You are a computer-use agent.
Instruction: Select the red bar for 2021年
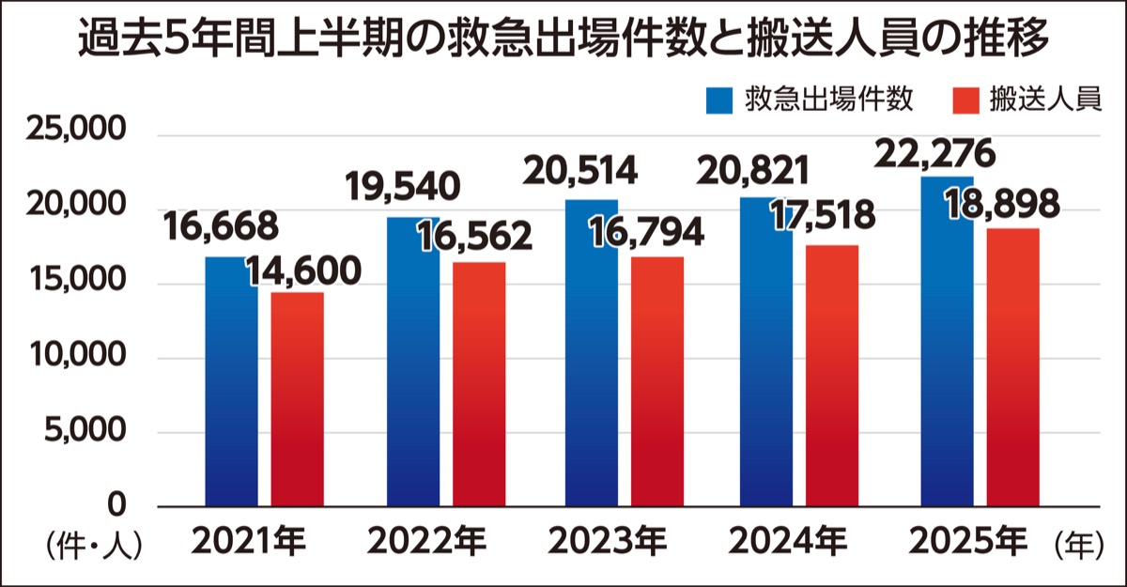(x=298, y=404)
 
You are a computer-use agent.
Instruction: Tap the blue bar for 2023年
(x=591, y=357)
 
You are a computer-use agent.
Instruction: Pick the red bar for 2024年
(x=832, y=376)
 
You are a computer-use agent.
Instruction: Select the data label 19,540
(x=403, y=186)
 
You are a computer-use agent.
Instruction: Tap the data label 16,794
(x=647, y=232)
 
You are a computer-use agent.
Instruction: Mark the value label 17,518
(x=822, y=217)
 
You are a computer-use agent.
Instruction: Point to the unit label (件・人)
(x=91, y=545)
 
